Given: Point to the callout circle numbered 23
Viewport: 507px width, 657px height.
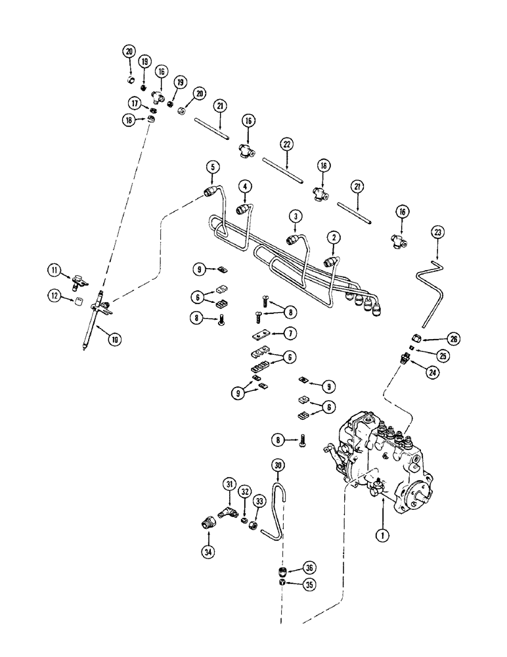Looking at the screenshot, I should tap(438, 232).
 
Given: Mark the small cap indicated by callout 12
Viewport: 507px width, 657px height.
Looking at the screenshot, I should tap(78, 302).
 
